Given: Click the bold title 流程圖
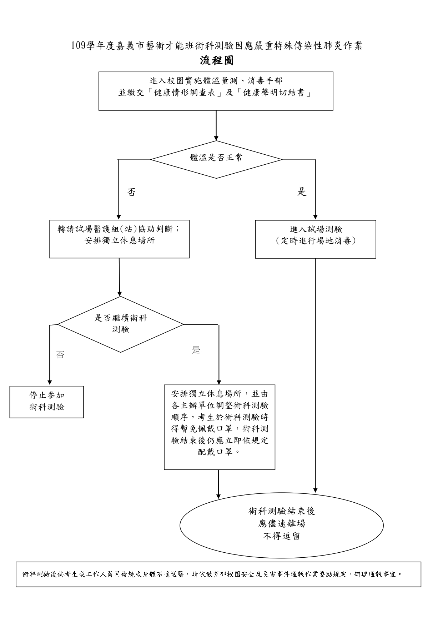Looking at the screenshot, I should [217, 61].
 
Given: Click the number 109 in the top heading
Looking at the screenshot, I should [78, 46].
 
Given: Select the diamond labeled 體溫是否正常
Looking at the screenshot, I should [216, 159].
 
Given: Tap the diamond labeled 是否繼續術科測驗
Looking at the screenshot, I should [121, 324].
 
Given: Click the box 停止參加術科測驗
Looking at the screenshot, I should [46, 402].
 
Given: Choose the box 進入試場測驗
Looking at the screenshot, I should [316, 239].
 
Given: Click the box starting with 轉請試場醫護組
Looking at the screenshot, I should [119, 239].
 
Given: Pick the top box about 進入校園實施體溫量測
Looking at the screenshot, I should [216, 91].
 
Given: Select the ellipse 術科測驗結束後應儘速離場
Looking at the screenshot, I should [281, 525].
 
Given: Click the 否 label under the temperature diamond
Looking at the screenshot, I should [131, 193].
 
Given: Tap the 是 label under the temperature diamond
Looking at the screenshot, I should [302, 192].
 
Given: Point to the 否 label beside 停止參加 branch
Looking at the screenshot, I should [60, 355].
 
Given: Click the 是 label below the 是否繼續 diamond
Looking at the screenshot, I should [196, 350].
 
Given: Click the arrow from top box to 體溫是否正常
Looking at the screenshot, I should [216, 125].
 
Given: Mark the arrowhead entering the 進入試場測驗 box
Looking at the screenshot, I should [315, 217].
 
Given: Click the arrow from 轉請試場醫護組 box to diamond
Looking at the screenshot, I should [119, 277].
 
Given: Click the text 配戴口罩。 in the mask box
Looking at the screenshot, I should [219, 452].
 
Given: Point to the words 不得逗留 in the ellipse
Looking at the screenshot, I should [281, 536].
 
